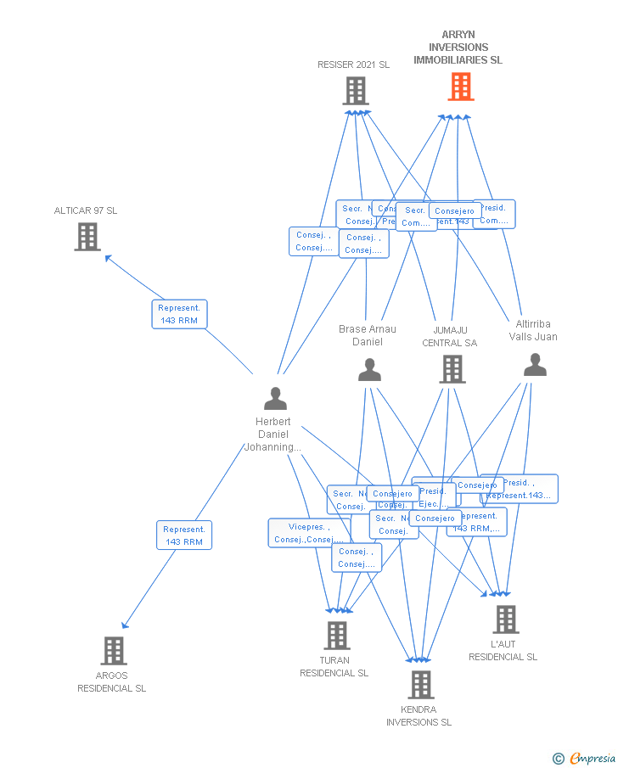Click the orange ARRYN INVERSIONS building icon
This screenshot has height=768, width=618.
[x=460, y=87]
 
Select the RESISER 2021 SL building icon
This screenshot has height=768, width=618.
[x=355, y=91]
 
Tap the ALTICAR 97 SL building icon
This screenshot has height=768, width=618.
[x=87, y=237]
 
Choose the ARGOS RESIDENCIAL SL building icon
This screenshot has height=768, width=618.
[x=113, y=651]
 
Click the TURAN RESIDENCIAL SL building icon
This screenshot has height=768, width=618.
[x=336, y=636]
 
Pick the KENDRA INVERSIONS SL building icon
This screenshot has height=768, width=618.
[x=420, y=685]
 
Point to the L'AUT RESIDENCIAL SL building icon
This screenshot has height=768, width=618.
[x=505, y=619]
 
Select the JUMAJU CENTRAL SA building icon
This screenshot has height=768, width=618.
[x=452, y=369]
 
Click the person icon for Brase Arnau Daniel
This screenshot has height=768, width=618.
[x=369, y=369]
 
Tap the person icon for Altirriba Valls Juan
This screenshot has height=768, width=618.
[x=535, y=365]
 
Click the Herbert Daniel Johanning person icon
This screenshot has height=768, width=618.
[x=275, y=398]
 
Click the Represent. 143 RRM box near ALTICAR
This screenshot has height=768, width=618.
[x=179, y=314]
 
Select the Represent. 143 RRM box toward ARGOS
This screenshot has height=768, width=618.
[x=184, y=535]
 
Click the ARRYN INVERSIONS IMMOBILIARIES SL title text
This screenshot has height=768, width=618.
[x=458, y=48]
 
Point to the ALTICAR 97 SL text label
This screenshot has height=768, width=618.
[x=86, y=210]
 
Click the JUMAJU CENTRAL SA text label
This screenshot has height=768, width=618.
[x=450, y=336]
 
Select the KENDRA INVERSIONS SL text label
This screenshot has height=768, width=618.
[x=419, y=715]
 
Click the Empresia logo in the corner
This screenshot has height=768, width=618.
[x=593, y=759]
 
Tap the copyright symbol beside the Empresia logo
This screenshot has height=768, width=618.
[x=558, y=759]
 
